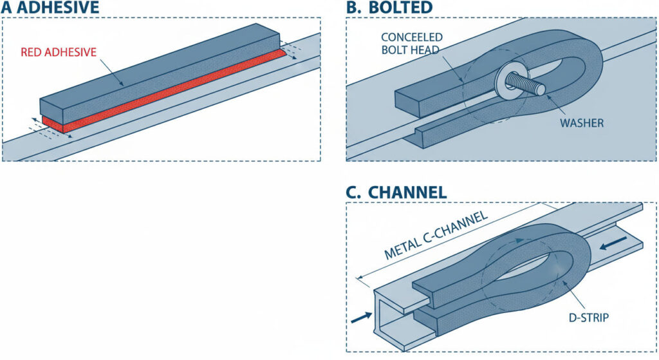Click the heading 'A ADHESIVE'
[x=50, y=8]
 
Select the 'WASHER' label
[x=582, y=122]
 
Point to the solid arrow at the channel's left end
[x=362, y=316]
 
